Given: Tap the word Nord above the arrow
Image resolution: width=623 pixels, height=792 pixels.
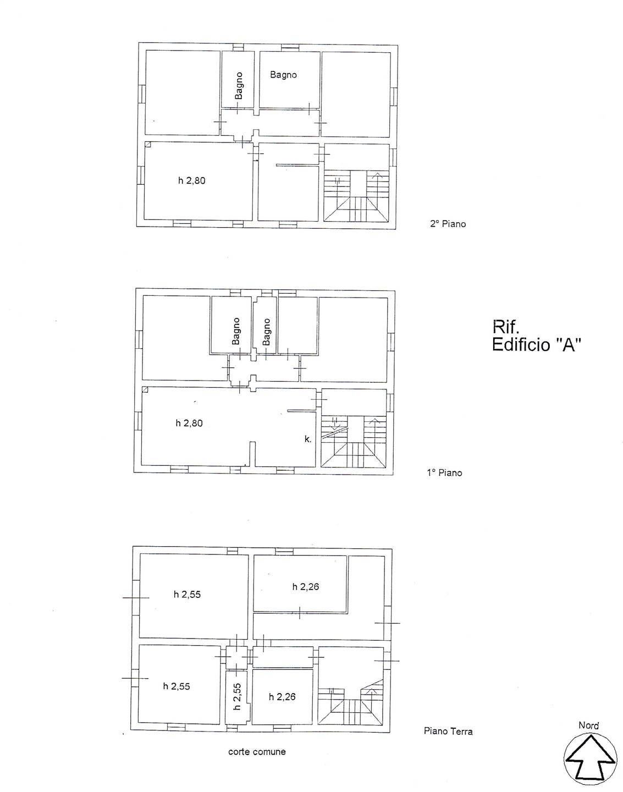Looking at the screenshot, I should point(588,725).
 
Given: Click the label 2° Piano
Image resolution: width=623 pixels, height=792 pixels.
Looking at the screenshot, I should point(448,224).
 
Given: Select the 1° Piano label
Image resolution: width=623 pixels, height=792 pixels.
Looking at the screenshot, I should point(444,472).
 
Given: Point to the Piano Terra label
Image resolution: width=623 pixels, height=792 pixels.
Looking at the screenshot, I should point(448,731).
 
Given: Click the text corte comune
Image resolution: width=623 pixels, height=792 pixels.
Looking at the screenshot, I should point(257,751).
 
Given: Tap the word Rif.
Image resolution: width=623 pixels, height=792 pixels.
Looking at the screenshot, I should point(506,328).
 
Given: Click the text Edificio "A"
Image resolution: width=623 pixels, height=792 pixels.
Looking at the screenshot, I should point(537,345).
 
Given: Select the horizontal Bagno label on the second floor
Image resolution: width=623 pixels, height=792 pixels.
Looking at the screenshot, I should point(283,75).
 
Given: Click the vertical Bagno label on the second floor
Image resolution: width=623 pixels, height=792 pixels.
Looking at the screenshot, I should point(238,86).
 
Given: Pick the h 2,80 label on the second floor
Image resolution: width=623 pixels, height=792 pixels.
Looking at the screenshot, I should point(191,180).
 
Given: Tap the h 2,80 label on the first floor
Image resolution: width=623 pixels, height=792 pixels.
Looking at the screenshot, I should point(189,423).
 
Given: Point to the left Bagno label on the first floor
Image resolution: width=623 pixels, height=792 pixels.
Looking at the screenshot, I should point(236,331).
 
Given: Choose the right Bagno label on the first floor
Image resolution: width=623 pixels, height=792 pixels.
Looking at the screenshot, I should point(267,332).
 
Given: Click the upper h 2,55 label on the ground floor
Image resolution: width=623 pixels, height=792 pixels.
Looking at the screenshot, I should point(188,594).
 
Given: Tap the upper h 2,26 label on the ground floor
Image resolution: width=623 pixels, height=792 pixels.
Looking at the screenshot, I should point(305,587).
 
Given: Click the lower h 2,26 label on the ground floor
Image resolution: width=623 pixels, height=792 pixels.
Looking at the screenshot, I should point(282,697).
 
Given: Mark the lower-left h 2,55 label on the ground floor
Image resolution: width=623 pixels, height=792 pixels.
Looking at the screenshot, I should point(177,686).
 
